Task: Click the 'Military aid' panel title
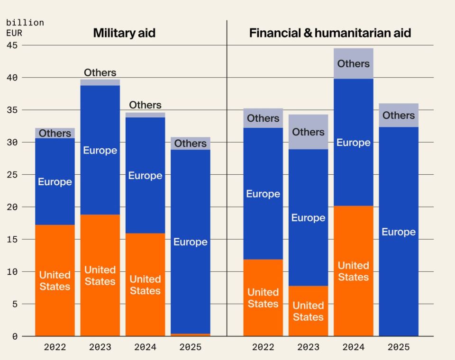click(x=124, y=33)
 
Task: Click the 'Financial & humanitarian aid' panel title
click(x=330, y=33)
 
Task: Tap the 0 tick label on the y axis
click(x=14, y=336)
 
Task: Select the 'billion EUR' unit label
click(x=25, y=28)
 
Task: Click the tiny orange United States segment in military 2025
click(x=190, y=334)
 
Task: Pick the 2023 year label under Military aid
click(x=100, y=347)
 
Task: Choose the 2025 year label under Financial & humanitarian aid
click(x=399, y=347)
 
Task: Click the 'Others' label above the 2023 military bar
click(x=100, y=73)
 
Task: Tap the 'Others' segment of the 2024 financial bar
click(x=354, y=63)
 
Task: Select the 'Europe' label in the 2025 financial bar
click(x=399, y=232)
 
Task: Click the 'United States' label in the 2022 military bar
click(x=55, y=281)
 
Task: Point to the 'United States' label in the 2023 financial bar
click(x=308, y=311)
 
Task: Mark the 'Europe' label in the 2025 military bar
click(x=190, y=242)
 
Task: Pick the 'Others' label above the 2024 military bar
click(x=145, y=105)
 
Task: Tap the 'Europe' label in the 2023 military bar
click(x=100, y=151)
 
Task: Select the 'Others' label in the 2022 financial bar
click(x=263, y=118)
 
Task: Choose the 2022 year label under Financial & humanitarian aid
click(x=263, y=347)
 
